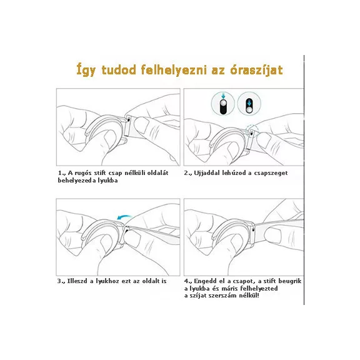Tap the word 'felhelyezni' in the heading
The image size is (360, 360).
coord(174,70)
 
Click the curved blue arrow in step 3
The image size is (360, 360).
coord(124,217)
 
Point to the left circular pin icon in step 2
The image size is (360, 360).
coord(222,104)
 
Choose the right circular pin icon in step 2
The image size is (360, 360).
coord(249,104)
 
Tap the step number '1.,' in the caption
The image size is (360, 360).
coord(61,173)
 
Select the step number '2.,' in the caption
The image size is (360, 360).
coord(187,173)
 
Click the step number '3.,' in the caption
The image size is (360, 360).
coord(61,281)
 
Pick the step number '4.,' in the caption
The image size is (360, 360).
coord(188,281)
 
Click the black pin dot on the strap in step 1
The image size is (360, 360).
coord(129,119)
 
